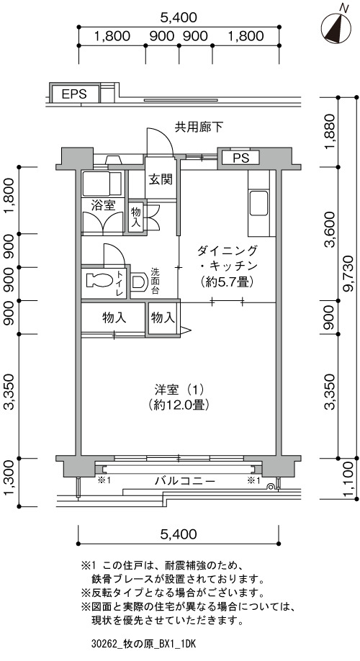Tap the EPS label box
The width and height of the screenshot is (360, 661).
(x=75, y=93)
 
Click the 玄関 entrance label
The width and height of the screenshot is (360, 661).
(x=160, y=179)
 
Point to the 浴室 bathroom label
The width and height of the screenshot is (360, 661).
(x=104, y=205)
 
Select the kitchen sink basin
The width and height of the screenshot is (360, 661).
(x=258, y=202)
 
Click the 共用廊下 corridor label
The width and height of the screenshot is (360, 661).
(x=199, y=127)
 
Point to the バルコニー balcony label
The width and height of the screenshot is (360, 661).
(x=185, y=480)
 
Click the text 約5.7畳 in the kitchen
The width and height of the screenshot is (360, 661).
(x=227, y=282)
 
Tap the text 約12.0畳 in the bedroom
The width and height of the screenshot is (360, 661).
(x=179, y=405)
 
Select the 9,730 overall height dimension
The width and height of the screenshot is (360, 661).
(x=350, y=279)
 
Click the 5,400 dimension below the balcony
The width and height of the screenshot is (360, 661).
(x=179, y=534)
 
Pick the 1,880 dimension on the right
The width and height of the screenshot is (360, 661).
(x=331, y=131)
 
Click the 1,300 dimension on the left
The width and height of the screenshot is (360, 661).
(x=11, y=482)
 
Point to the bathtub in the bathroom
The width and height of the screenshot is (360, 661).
(x=102, y=184)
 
